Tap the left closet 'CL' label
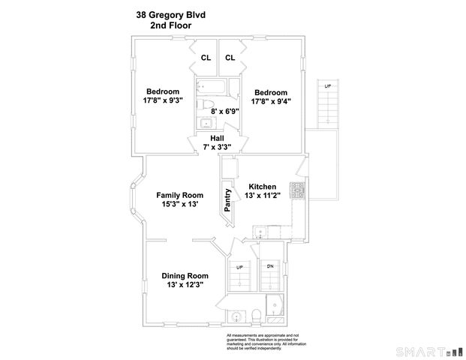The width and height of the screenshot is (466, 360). point(205,58)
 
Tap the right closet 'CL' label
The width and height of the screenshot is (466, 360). point(230,58)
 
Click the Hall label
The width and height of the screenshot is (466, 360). point(217,138)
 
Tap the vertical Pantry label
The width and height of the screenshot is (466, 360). point(227,200)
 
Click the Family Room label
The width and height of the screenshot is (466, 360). point(179,194)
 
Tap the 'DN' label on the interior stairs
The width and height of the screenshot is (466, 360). point(270,266)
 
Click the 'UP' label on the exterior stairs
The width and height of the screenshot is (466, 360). point(327,87)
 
